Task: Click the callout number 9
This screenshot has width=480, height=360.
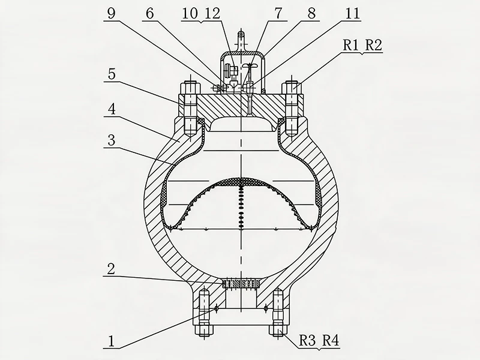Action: tap(111, 13)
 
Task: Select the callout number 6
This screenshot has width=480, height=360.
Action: tap(149, 13)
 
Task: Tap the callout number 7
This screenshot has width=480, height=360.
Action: tap(278, 13)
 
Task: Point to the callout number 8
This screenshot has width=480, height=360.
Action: tap(311, 13)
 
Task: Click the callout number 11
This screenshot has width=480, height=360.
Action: tap(352, 13)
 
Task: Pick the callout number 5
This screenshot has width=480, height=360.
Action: tap(112, 74)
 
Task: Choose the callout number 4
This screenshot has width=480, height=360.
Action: tap(112, 109)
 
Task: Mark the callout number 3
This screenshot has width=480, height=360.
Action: tap(112, 140)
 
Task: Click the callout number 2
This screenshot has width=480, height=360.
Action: tap(111, 269)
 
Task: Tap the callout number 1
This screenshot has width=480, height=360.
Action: tap(111, 341)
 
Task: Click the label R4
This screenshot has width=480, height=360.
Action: tap(331, 340)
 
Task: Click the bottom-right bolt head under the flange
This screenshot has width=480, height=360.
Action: tap(278, 330)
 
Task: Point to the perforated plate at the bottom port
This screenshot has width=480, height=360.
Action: tap(242, 284)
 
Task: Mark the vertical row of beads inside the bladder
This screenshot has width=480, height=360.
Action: tap(242, 206)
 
